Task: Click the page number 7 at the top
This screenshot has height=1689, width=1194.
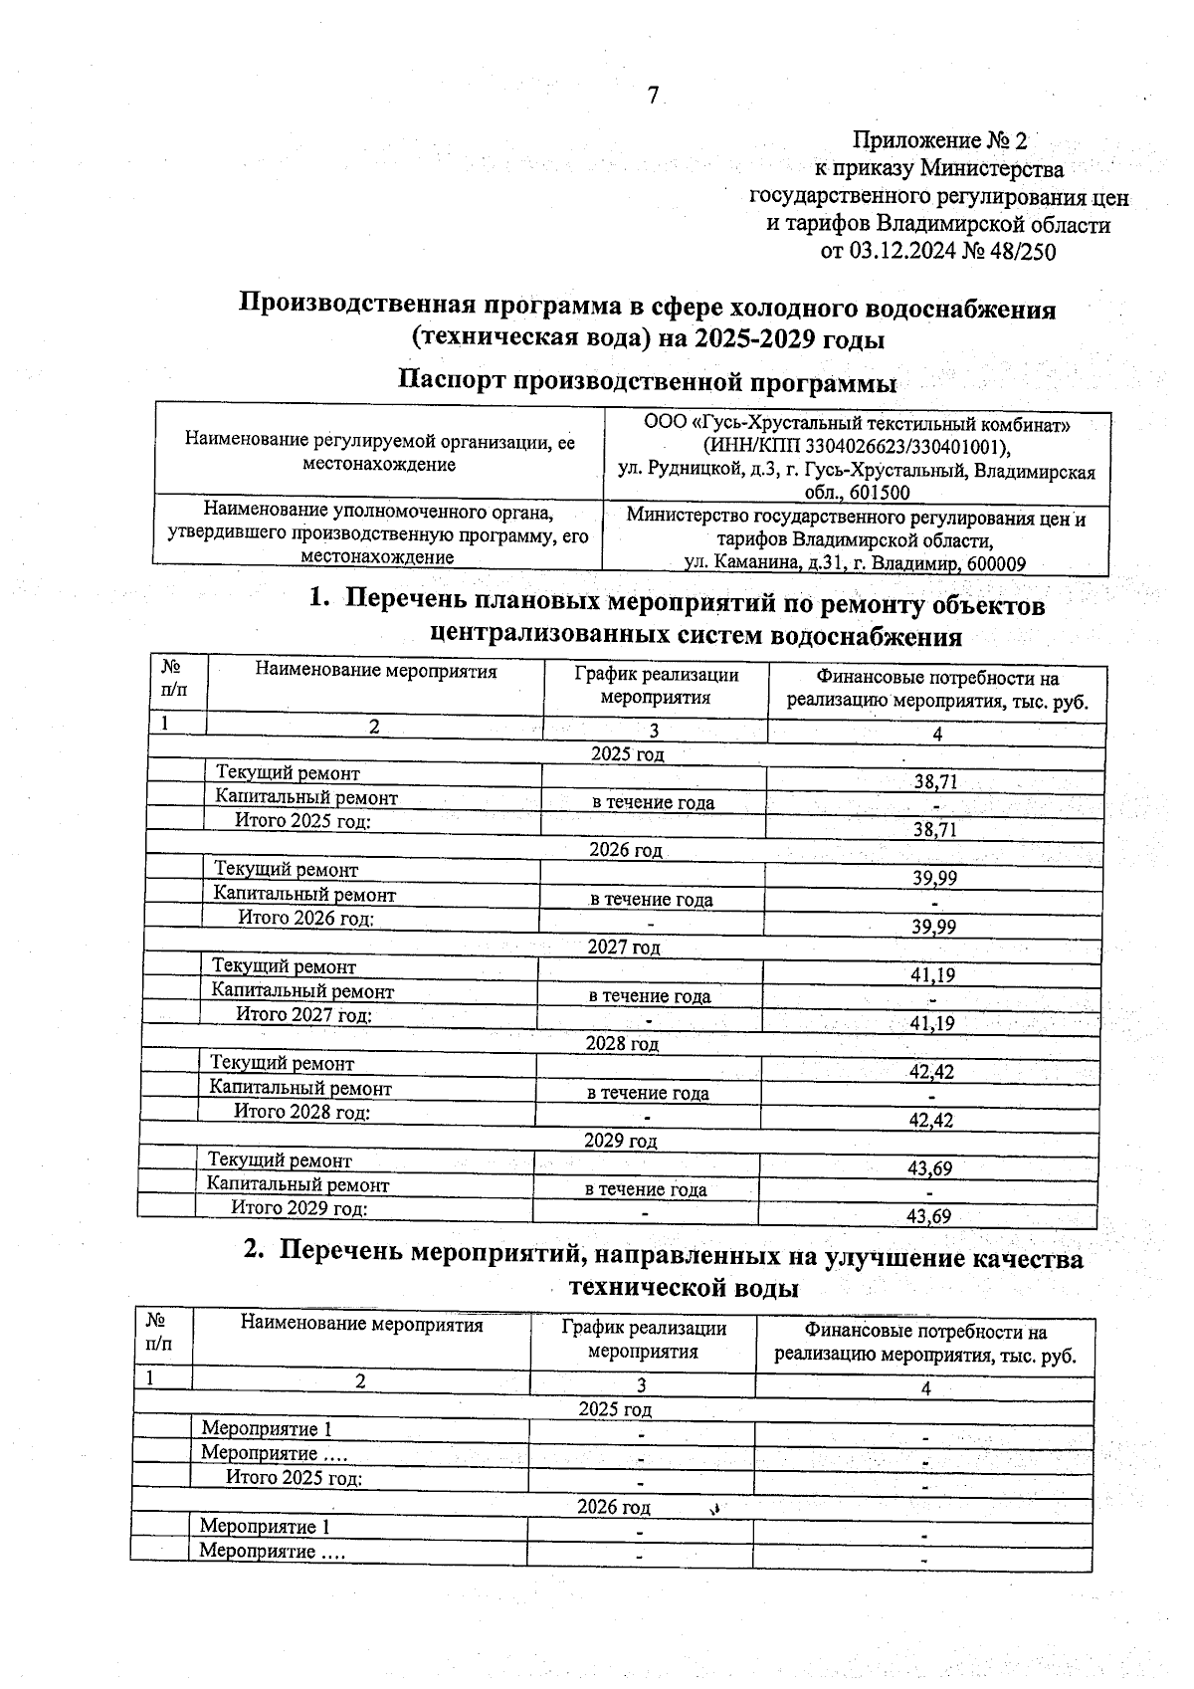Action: (x=653, y=97)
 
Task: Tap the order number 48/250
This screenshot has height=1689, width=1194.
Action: (x=1022, y=252)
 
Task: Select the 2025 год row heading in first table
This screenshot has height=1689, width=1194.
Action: (x=627, y=753)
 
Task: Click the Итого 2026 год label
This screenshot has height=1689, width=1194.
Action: (x=305, y=918)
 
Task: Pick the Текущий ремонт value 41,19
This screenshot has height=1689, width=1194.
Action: (x=932, y=975)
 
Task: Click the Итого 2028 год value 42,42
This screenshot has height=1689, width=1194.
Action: (x=930, y=1121)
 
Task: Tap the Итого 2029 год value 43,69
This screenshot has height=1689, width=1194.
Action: (x=929, y=1216)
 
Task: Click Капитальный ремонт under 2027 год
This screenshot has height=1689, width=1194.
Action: (x=302, y=991)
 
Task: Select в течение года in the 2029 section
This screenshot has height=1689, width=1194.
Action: (x=646, y=1189)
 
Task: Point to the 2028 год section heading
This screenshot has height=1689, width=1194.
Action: (x=622, y=1044)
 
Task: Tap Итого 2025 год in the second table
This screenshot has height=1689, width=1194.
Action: (x=294, y=1477)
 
